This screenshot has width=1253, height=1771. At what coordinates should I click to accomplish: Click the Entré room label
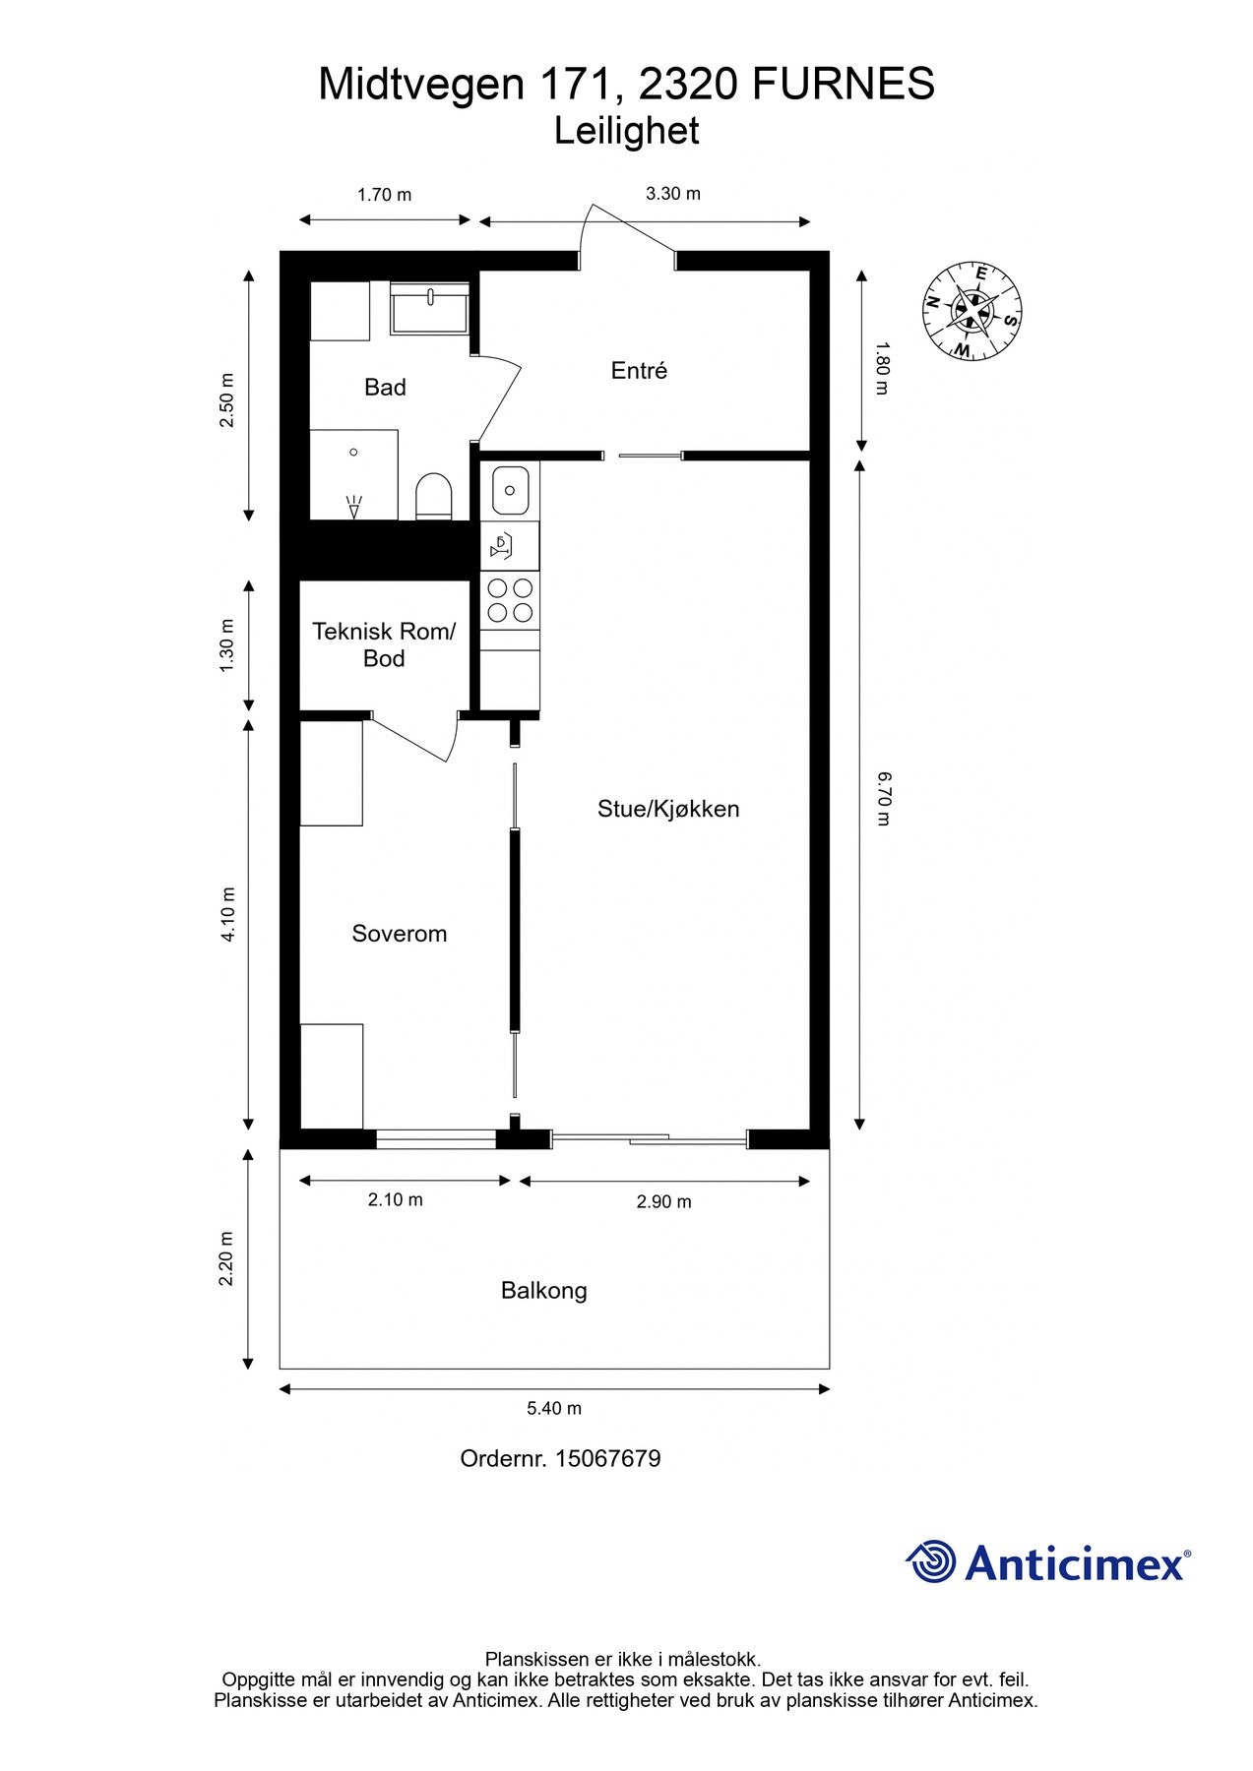[x=639, y=371]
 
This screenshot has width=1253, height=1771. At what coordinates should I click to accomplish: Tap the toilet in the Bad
[x=433, y=496]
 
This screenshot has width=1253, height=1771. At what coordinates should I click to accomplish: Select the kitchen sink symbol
[x=511, y=489]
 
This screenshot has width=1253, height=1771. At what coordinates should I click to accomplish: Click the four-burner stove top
[x=510, y=600]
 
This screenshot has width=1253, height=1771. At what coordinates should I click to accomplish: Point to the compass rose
[x=971, y=311]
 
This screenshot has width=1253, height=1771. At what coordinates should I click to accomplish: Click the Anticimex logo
[x=1047, y=1562]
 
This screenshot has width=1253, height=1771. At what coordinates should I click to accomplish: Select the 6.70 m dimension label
[x=883, y=798]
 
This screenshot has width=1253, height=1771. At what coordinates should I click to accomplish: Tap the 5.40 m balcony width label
[x=554, y=1408]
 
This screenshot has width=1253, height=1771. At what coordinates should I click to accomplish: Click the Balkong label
[x=543, y=1290]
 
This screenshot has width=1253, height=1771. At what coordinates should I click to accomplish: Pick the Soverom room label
[x=400, y=933]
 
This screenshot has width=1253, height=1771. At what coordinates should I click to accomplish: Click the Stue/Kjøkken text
[x=668, y=809]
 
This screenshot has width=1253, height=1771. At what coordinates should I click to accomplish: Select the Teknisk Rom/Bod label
[x=384, y=644]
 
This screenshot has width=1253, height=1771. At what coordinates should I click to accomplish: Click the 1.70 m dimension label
[x=384, y=195]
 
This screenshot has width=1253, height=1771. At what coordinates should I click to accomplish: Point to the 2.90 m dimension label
[x=663, y=1201]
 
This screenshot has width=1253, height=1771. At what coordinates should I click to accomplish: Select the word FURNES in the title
[x=844, y=85]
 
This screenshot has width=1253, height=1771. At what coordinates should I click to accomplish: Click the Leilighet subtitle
[x=626, y=131]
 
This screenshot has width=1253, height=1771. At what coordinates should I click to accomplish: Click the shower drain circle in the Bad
[x=353, y=452]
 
